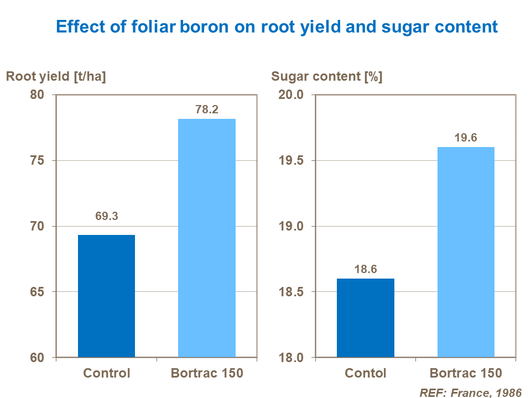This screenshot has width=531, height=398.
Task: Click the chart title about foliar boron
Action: tap(277, 27)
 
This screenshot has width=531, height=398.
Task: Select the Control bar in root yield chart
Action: tap(106, 296)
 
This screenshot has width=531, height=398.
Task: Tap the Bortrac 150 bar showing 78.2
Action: tap(206, 238)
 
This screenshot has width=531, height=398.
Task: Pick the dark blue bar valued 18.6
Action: tap(366, 318)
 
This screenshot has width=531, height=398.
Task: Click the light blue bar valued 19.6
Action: tap(466, 252)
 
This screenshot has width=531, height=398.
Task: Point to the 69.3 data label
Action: tap(106, 217)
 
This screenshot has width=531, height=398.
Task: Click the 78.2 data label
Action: tap(207, 109)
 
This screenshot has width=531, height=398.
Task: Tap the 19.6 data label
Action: tap(466, 138)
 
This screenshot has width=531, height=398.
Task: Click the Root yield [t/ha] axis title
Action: tap(56, 77)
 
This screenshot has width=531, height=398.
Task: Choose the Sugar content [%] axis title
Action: tap(326, 77)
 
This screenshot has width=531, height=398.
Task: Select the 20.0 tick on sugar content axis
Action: tap(292, 95)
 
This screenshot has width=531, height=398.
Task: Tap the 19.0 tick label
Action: tap(292, 227)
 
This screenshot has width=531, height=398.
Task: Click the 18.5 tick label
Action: tap(292, 292)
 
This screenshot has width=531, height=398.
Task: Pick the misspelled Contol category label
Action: tap(366, 373)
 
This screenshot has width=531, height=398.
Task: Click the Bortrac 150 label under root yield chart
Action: tap(207, 373)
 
